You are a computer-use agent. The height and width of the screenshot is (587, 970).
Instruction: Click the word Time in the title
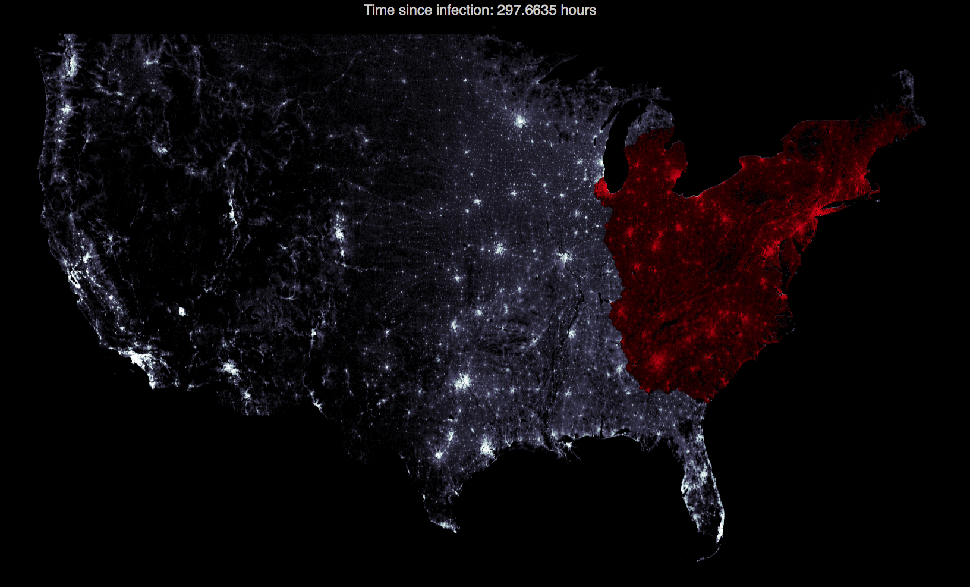click(379, 10)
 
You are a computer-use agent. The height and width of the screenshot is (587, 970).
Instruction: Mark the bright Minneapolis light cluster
click(521, 121)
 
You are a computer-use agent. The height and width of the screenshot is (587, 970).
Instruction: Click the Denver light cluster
click(339, 233)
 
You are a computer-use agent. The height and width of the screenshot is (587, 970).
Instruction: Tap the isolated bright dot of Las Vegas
click(182, 312)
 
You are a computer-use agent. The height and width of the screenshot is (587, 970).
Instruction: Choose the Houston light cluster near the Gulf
click(487, 447)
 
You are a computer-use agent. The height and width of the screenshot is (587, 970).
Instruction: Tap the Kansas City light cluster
click(500, 249)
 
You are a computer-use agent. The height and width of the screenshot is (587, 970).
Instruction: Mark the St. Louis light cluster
click(564, 258)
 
